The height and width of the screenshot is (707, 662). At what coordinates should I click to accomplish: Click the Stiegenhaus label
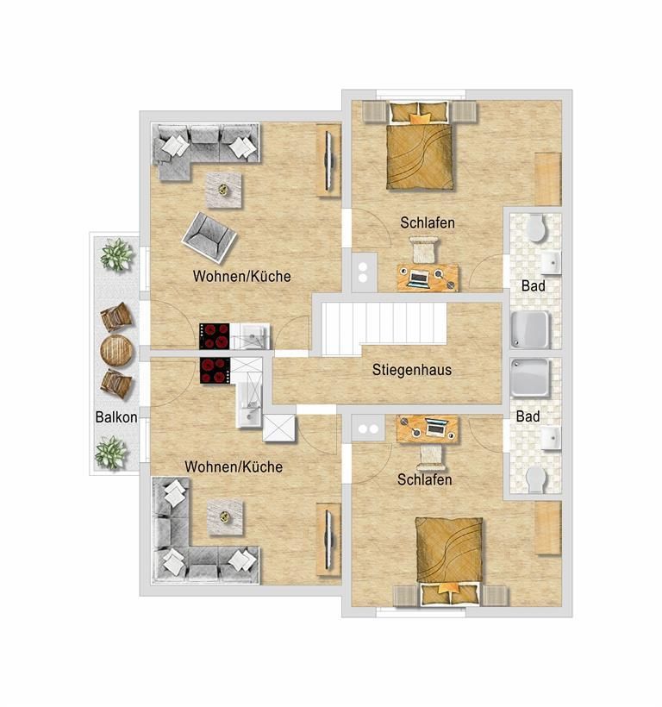coord(411,370)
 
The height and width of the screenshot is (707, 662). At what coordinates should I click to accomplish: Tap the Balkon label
coord(116,417)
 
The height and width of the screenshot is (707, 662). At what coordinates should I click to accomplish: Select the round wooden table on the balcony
coord(116,350)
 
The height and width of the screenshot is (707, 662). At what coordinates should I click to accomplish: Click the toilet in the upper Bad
coord(537,228)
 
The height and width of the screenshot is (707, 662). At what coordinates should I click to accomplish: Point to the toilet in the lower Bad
coord(536,479)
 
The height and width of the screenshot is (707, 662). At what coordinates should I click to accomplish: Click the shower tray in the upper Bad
coord(530,329)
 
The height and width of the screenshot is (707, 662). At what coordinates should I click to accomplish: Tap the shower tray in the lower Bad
coord(530,378)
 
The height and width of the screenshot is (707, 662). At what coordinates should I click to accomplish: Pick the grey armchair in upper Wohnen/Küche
coord(209,237)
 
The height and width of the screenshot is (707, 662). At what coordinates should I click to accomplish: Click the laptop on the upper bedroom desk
coord(419,278)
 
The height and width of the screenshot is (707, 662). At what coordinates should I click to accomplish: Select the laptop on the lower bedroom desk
coord(436,427)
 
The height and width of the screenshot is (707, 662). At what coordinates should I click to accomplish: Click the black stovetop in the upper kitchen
coord(215,336)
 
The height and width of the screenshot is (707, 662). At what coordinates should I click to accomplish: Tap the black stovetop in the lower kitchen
coord(215,371)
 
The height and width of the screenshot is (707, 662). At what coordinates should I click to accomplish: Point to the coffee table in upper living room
coord(223,191)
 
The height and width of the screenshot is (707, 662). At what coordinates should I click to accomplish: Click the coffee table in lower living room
coord(225,517)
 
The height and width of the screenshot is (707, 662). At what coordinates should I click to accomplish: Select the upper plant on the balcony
coord(116,254)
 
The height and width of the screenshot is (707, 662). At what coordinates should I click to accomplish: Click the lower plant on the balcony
coord(111,453)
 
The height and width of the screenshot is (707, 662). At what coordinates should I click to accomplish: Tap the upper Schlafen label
coord(428,222)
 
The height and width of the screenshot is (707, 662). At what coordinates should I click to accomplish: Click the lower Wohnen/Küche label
coord(234,466)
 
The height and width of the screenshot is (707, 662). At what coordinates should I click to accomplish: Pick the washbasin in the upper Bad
coord(551,263)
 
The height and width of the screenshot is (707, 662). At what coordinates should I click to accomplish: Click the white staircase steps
coord(384,328)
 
